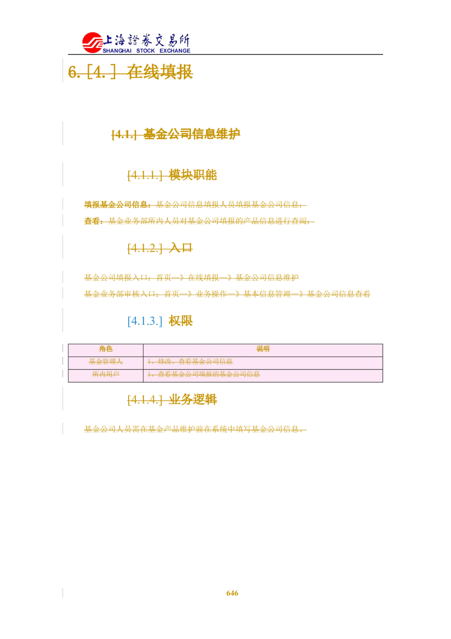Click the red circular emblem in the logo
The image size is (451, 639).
[x=92, y=42]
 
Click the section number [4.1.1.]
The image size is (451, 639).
[x=144, y=175]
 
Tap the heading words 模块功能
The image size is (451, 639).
[x=193, y=175]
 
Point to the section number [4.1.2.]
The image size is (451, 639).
[x=144, y=248]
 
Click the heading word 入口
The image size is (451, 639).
[x=180, y=248]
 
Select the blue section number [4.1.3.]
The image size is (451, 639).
[x=144, y=321]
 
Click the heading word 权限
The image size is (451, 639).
[x=180, y=321]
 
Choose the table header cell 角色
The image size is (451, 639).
[x=106, y=349]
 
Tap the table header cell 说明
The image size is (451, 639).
[x=263, y=349]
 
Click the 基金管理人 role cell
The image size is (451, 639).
[x=106, y=362]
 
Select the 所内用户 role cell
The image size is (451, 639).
[x=106, y=374]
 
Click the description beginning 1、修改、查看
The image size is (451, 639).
[x=190, y=362]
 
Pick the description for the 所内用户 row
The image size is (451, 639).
[x=203, y=374]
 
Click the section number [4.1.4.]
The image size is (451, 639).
[x=144, y=400]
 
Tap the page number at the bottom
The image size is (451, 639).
[x=233, y=592]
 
